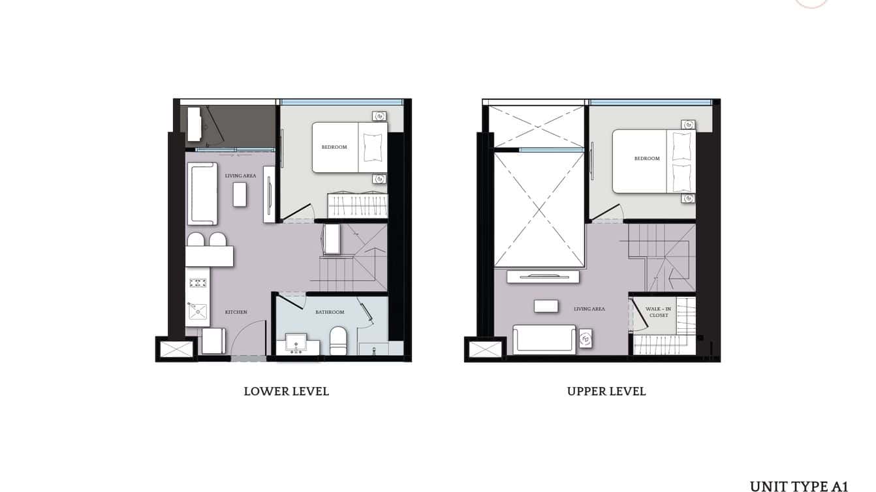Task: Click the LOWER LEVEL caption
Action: tap(286, 392)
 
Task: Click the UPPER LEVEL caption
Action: tap(606, 392)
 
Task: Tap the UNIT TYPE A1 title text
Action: tap(798, 486)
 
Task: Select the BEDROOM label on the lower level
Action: tap(334, 147)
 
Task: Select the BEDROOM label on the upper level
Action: tap(647, 159)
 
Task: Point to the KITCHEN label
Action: tap(236, 313)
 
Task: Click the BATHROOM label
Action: tap(330, 313)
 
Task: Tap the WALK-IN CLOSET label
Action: tap(659, 312)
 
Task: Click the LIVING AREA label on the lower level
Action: tap(240, 176)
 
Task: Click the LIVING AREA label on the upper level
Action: tap(589, 309)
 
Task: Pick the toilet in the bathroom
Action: tap(337, 340)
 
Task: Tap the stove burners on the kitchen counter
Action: tap(198, 283)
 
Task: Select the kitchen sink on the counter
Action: tap(197, 313)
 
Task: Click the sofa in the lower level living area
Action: tap(202, 193)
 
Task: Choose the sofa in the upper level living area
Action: tap(544, 339)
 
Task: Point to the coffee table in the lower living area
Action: tap(240, 194)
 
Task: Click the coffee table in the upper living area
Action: tap(546, 306)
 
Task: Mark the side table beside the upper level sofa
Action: tap(586, 339)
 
